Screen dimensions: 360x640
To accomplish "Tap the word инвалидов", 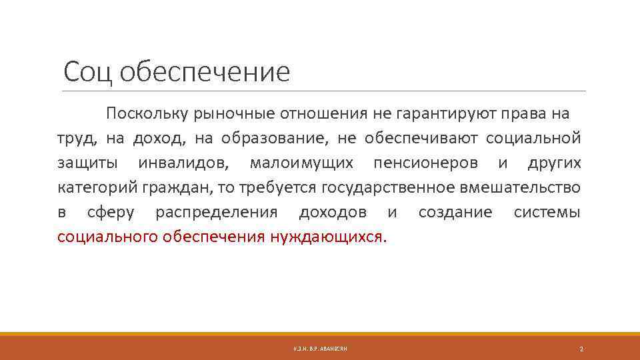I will [x=182, y=163].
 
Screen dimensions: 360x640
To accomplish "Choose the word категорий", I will [x=97, y=188].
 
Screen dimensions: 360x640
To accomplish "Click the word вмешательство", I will [x=521, y=188].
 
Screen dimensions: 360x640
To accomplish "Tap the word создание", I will [x=455, y=213].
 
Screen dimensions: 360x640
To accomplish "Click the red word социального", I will [x=107, y=237].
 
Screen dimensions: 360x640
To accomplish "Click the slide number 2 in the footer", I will [x=581, y=349].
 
